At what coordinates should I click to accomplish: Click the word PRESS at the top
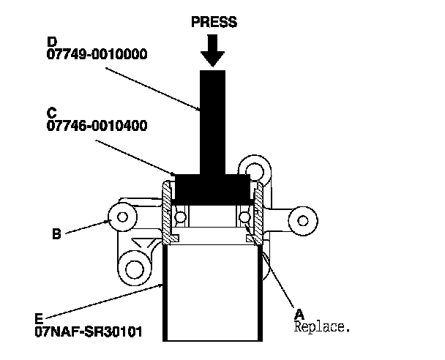(214, 22)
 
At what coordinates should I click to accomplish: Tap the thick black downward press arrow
(214, 50)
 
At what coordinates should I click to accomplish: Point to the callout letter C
(51, 113)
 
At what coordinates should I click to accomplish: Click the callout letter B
(56, 235)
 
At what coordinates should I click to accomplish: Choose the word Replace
(322, 326)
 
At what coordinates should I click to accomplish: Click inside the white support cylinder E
(212, 293)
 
